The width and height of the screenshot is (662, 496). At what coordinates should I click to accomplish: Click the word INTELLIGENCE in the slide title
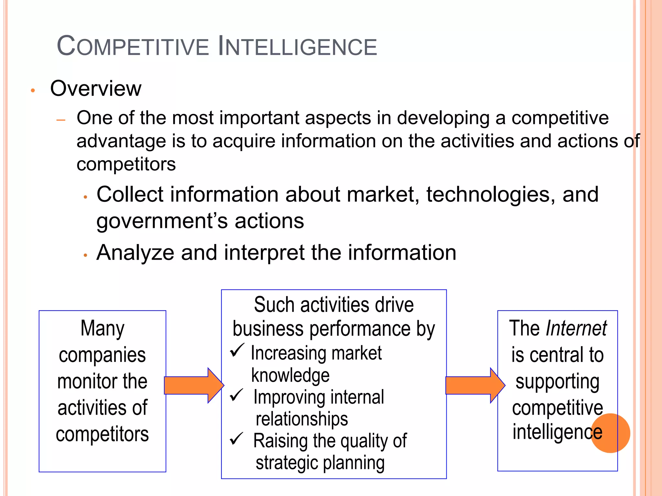(297, 46)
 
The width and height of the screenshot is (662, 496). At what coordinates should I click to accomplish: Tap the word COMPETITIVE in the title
(133, 46)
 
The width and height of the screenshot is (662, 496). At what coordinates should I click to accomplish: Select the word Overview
(96, 88)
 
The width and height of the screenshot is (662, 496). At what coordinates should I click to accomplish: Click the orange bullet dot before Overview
(33, 91)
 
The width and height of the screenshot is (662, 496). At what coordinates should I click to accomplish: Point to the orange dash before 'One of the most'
(61, 120)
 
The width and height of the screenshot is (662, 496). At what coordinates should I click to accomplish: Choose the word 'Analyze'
(135, 253)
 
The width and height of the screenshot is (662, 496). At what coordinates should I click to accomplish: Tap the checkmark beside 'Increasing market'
(237, 350)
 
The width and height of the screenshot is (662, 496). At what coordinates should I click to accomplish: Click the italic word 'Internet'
(576, 329)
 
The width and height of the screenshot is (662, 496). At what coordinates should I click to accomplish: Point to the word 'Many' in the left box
(102, 329)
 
